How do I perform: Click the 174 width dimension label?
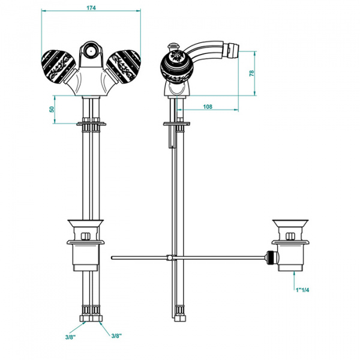tap(91, 8)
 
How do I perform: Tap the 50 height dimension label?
tap(52, 109)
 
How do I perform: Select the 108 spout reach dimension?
tap(208, 107)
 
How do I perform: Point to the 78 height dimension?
tap(253, 73)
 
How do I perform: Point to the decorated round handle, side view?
tap(176, 65)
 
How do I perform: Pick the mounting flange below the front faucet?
tap(92, 124)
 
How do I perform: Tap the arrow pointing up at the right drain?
tap(295, 277)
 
